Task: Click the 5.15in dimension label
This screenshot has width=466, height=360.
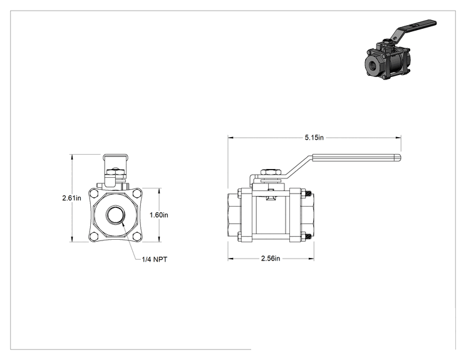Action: (314, 138)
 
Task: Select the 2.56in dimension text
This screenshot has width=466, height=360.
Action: (271, 259)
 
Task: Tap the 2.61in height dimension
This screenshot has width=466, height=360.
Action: (71, 198)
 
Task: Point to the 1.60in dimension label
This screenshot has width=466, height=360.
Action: (158, 215)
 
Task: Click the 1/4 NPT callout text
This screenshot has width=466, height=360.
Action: (154, 259)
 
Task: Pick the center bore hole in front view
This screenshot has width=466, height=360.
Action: (115, 215)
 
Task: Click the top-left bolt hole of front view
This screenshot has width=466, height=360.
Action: (94, 193)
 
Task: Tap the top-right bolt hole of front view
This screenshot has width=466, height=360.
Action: (137, 193)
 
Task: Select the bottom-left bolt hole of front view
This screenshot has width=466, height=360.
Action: (94, 236)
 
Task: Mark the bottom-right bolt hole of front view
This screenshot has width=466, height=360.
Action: (137, 236)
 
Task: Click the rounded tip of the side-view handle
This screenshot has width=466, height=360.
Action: (399, 158)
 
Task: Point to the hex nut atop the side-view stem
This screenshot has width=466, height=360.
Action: (271, 172)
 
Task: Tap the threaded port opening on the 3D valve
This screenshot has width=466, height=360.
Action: (372, 64)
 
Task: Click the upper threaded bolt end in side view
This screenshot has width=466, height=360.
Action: (308, 194)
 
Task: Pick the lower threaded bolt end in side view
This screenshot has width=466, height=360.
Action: (308, 237)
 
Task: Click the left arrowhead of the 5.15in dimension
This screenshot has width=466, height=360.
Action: (230, 138)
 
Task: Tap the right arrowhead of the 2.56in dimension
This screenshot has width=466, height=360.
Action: (311, 259)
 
